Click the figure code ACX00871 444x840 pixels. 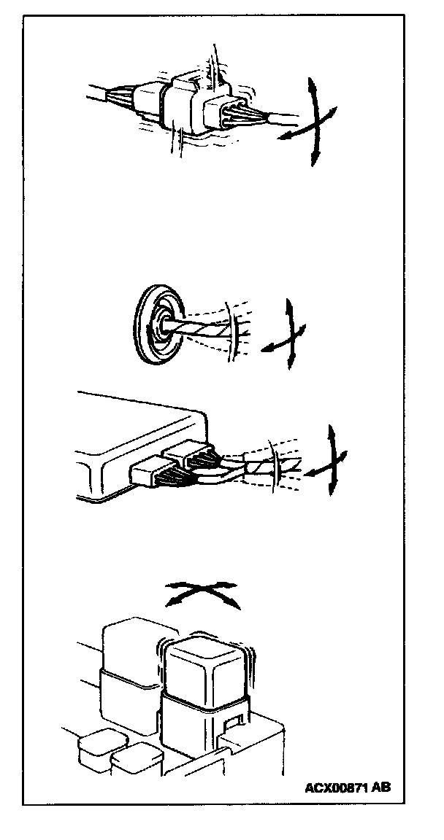[336, 787]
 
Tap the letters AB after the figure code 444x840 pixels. [381, 787]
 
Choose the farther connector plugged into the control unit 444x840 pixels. [191, 456]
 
